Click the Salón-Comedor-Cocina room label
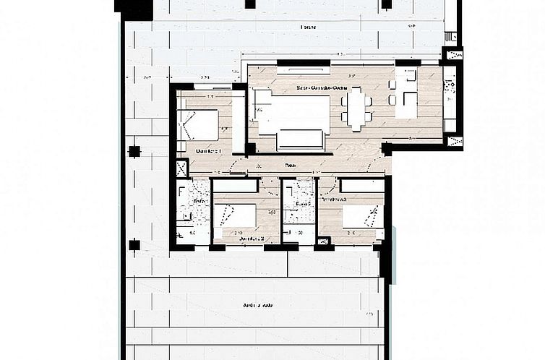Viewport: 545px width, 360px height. (322, 87)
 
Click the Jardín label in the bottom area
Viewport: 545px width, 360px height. (257, 305)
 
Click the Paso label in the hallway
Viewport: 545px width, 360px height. (290, 166)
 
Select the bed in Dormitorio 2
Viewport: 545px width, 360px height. (236, 215)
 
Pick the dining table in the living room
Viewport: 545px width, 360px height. (356, 109)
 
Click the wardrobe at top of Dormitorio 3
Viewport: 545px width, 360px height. (362, 186)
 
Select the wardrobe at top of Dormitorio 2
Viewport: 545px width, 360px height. (236, 186)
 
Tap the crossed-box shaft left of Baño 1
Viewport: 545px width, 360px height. (181, 168)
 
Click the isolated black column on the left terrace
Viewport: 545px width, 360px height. (134, 151)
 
